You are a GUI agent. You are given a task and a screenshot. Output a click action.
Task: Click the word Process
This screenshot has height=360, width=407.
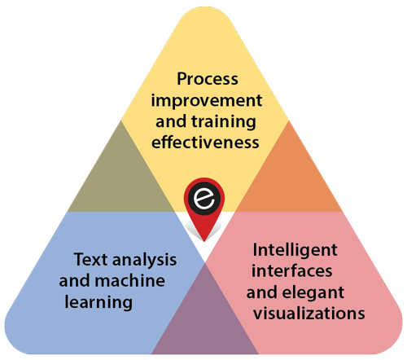pos(208,79)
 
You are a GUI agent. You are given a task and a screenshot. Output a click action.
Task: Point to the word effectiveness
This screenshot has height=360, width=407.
pos(205,142)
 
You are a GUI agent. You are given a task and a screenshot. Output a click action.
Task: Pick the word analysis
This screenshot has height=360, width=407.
pos(144,261)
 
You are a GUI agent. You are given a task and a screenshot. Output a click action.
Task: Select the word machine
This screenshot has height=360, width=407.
pos(129,280)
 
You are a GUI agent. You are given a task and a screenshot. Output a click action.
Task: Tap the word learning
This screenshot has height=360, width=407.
pos(98,303)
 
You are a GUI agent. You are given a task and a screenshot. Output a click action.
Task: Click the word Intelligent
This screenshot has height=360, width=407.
pos(295,251)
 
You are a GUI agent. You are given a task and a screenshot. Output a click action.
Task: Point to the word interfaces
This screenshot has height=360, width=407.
pos(292,270)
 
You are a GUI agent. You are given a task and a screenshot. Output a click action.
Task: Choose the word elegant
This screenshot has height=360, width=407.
pos(313,293)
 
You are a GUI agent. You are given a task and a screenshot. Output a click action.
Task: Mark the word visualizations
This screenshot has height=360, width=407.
pos(309,313)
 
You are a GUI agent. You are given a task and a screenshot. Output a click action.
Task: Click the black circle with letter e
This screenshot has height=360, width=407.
pos(204,199)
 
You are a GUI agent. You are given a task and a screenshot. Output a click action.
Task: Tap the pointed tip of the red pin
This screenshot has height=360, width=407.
pos(204,241)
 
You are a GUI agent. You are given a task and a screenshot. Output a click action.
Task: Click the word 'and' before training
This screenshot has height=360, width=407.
pos(172,121)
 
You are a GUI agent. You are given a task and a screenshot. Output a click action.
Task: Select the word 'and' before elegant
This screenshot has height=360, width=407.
pos(262,292)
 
